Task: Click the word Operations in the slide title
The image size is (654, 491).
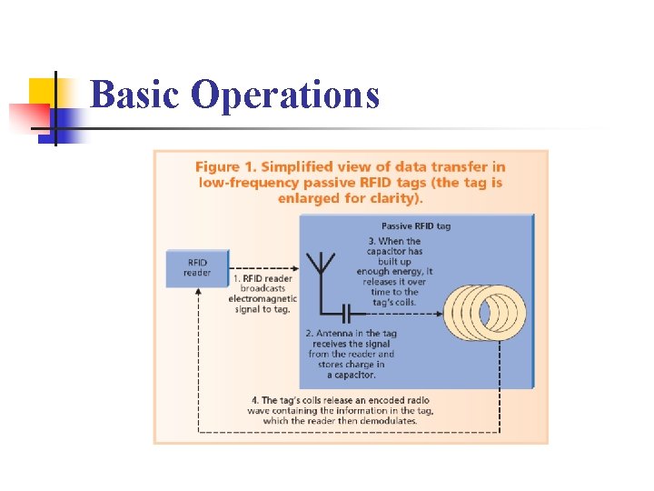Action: coord(285,95)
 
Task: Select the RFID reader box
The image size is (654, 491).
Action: coord(196,267)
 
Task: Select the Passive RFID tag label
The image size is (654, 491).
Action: coord(415,225)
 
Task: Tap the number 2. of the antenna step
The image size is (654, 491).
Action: coord(311,335)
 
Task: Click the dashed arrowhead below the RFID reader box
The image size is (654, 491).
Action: coord(197,294)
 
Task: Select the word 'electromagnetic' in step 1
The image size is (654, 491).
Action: coord(263,298)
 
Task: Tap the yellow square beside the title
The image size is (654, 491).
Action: coord(43,91)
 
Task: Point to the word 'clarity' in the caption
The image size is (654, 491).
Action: coord(396,197)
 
